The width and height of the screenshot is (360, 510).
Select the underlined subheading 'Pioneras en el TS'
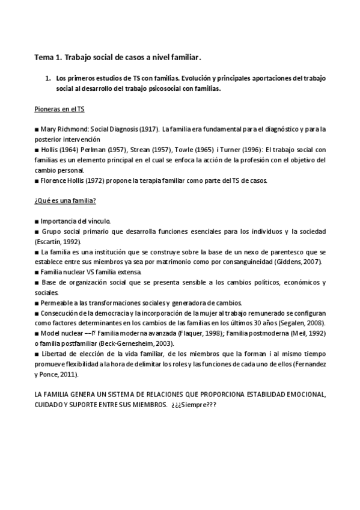tap(59, 110)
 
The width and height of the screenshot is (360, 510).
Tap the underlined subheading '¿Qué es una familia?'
tap(64, 201)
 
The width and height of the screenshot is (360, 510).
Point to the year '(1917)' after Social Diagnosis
tap(149, 129)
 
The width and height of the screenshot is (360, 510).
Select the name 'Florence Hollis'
tap(61, 180)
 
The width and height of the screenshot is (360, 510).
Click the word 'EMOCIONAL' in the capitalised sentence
tap(305, 395)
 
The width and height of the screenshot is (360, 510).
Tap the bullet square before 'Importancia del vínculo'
tap(37, 221)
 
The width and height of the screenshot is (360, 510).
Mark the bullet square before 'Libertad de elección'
tap(37, 354)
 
